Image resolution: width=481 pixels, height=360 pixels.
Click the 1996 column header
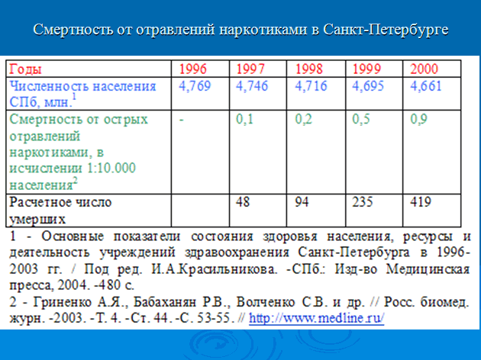(193, 69)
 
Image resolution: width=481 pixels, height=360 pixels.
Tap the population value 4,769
(195, 85)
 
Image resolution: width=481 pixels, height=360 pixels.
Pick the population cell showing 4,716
(311, 85)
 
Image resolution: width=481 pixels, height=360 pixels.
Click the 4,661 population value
(426, 85)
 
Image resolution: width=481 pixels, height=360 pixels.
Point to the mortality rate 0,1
(245, 119)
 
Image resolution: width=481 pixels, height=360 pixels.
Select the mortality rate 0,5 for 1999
(361, 119)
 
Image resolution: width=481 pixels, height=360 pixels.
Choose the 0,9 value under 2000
(419, 119)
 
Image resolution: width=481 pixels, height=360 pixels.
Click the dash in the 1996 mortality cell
(181, 120)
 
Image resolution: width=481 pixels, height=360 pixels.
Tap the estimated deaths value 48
(243, 202)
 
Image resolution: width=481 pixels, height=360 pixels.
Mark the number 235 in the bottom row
(363, 202)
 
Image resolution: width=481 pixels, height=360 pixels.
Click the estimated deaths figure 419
(421, 202)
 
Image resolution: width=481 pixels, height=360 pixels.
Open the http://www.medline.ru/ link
(317, 318)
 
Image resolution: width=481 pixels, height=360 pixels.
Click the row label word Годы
(25, 69)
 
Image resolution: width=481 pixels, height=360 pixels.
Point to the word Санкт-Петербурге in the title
(386, 30)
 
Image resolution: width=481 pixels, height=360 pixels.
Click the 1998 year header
(309, 69)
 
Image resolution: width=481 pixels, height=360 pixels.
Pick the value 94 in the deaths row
(302, 202)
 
